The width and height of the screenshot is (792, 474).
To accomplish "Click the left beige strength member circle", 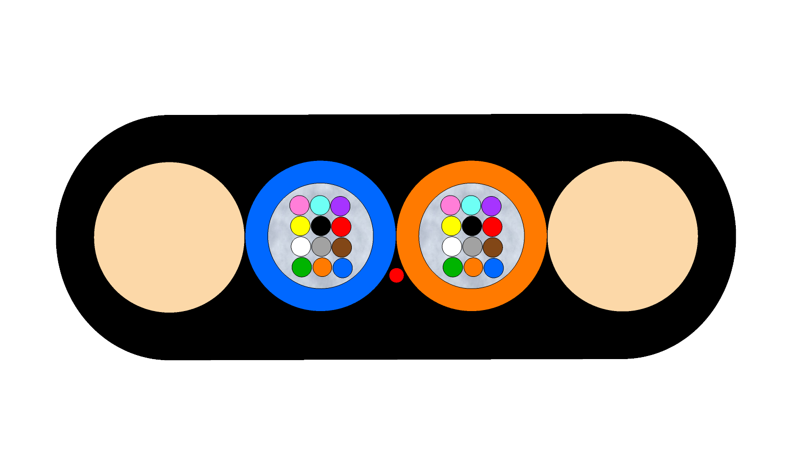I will [x=169, y=237].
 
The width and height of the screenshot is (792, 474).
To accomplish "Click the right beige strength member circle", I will [x=622, y=236].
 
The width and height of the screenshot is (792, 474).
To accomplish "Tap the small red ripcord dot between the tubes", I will [x=396, y=275].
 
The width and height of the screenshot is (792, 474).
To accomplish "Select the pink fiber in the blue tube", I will [x=299, y=205].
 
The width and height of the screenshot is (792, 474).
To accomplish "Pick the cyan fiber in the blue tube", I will [x=320, y=205].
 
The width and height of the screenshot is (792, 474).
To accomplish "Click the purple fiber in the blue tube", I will [x=340, y=206].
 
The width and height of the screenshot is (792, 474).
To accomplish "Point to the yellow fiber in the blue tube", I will [x=300, y=226].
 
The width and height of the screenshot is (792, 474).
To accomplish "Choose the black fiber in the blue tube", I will [x=321, y=226].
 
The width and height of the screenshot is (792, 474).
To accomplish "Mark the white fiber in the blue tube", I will [x=301, y=246].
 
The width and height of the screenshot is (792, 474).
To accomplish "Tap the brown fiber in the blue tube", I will [x=342, y=247].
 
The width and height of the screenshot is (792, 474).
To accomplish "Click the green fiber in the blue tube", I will [x=301, y=267].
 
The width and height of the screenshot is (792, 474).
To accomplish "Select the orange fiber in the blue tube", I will [x=322, y=267].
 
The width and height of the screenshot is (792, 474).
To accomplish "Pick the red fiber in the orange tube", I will [x=492, y=227].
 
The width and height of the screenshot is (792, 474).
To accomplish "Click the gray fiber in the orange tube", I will [x=472, y=247].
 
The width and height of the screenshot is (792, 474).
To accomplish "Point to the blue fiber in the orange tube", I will [x=494, y=268].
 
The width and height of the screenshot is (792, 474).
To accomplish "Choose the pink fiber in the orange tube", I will [x=450, y=205].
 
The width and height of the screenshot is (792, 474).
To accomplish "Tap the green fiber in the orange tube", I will [x=452, y=267].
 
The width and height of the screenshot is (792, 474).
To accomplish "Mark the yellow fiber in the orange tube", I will [x=451, y=226].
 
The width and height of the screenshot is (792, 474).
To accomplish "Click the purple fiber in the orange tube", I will [x=491, y=206].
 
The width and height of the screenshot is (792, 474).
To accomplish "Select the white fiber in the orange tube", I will [x=452, y=246].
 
